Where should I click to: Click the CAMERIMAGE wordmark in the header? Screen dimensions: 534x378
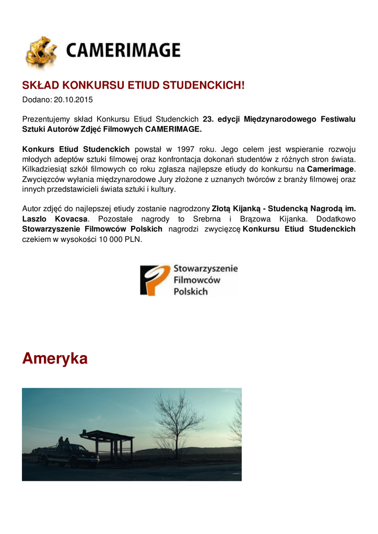[123, 51]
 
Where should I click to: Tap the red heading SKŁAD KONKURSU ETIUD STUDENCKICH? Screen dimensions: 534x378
[133, 86]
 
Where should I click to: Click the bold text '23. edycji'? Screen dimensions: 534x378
[221, 119]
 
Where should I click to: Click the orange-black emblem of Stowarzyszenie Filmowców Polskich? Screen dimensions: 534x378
[155, 280]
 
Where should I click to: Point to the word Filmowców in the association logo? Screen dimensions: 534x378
[197, 280]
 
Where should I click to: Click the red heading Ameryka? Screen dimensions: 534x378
[55, 358]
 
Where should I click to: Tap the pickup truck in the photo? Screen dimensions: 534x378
[70, 454]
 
